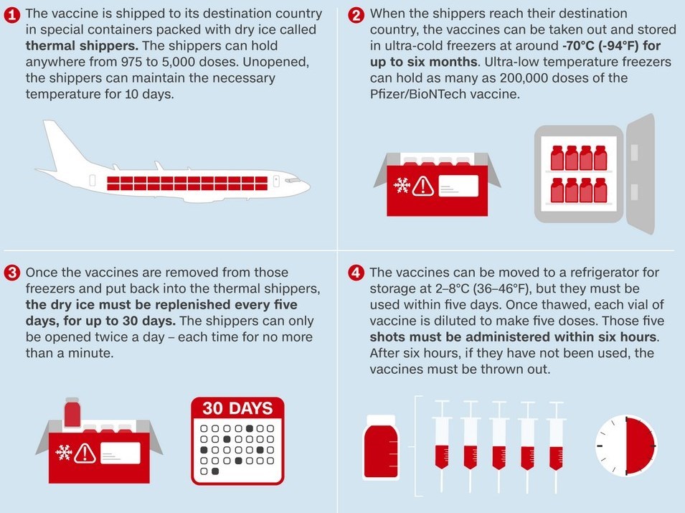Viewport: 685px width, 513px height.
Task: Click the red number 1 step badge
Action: (11, 15)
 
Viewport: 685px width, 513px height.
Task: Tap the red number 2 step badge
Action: (356, 15)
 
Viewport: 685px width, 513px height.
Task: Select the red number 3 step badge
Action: (11, 273)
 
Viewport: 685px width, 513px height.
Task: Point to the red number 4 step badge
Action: (356, 273)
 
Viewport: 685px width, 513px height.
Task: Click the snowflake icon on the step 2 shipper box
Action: (402, 185)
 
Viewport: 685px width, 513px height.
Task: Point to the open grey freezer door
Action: (641, 174)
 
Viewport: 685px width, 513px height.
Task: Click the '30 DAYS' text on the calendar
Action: (237, 408)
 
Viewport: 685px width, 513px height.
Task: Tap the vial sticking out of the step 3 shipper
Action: (72, 413)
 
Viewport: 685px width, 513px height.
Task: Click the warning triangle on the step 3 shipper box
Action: (85, 453)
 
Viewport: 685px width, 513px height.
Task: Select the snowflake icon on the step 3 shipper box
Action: (64, 452)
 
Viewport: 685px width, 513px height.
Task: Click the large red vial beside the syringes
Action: (381, 446)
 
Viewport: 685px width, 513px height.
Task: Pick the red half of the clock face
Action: (641, 446)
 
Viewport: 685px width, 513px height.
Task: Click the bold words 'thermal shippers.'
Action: (82, 46)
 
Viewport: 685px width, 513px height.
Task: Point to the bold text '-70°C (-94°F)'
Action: (601, 46)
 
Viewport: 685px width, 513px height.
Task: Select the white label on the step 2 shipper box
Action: (458, 186)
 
